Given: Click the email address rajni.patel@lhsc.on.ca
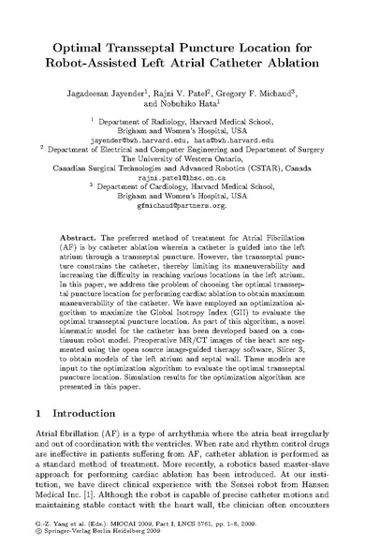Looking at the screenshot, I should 182,175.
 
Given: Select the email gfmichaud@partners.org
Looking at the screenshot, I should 182,212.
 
